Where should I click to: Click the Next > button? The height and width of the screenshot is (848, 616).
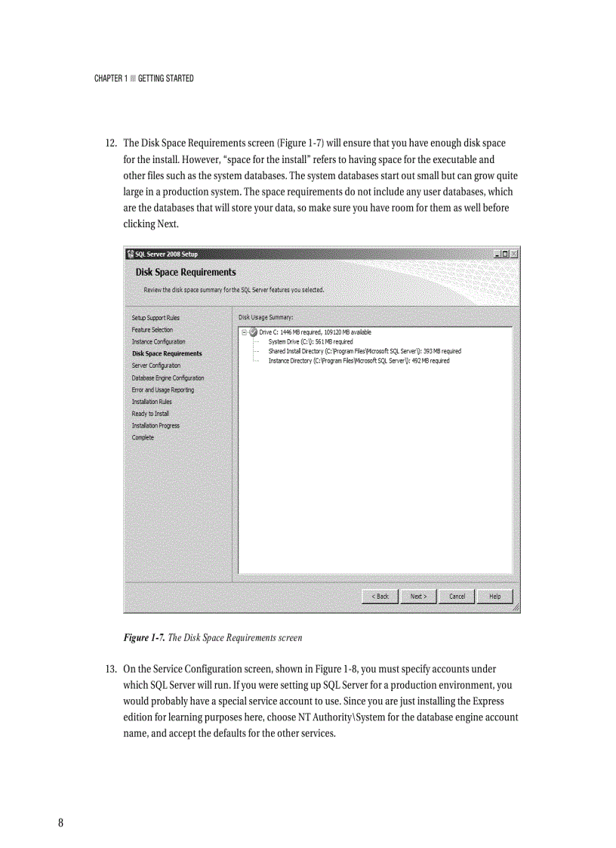click(418, 597)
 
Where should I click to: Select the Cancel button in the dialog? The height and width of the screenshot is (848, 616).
click(457, 597)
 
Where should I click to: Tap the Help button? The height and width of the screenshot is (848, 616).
click(494, 597)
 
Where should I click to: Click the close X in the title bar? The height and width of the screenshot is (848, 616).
click(513, 254)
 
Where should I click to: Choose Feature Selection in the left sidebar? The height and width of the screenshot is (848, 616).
click(152, 330)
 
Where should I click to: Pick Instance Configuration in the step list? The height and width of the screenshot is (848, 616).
click(159, 342)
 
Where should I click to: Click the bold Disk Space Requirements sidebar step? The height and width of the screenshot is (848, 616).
click(167, 353)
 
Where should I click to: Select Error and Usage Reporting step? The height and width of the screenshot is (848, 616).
click(163, 390)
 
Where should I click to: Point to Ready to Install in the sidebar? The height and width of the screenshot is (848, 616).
click(150, 414)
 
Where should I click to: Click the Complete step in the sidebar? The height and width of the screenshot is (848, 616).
click(143, 438)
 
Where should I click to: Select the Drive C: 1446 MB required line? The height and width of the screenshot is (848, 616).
click(315, 332)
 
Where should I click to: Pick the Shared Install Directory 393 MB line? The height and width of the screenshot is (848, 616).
click(365, 351)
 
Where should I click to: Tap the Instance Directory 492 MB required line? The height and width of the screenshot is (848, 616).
click(359, 361)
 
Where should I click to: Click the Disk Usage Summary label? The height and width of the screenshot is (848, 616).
click(266, 318)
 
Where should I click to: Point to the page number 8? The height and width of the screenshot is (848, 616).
click(60, 823)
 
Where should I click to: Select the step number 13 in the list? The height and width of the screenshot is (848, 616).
click(110, 670)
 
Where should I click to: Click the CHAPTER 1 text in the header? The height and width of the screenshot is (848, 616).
click(110, 79)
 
